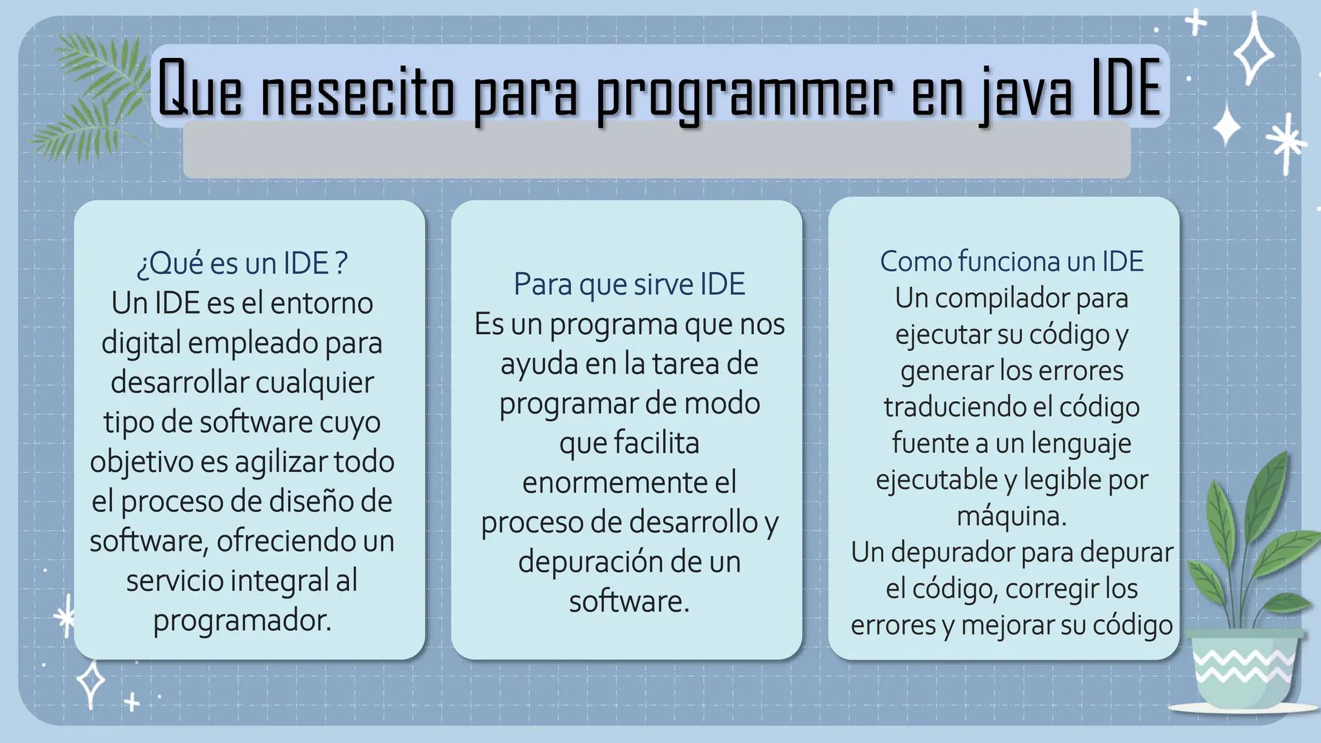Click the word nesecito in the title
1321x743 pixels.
click(x=358, y=90)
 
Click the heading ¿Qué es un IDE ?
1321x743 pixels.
click(x=242, y=263)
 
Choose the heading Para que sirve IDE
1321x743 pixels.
click(x=629, y=284)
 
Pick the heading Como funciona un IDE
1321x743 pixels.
click(x=1011, y=261)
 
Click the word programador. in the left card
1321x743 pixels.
click(x=242, y=620)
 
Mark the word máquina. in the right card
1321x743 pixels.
click(x=1011, y=516)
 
